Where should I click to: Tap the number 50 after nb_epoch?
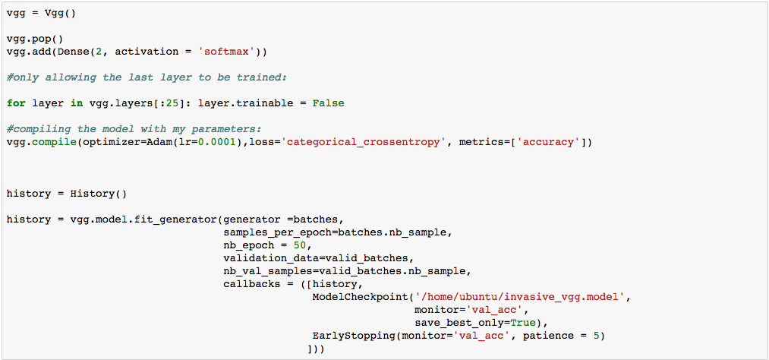tap(300, 245)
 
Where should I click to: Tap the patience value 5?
tap(600, 336)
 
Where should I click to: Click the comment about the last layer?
tap(147, 77)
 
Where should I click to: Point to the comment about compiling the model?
tap(134, 129)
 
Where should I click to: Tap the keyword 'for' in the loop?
tap(16, 103)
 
